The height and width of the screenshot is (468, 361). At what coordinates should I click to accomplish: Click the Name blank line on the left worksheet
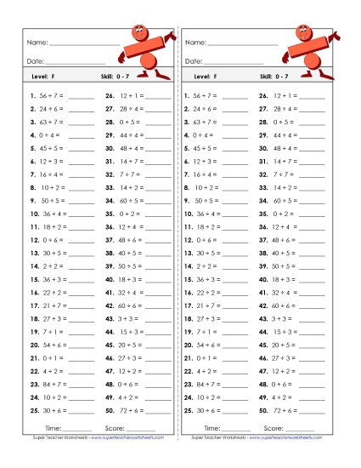coord(84,43)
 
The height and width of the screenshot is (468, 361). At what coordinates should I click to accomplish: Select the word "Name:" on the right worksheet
coord(195,42)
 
